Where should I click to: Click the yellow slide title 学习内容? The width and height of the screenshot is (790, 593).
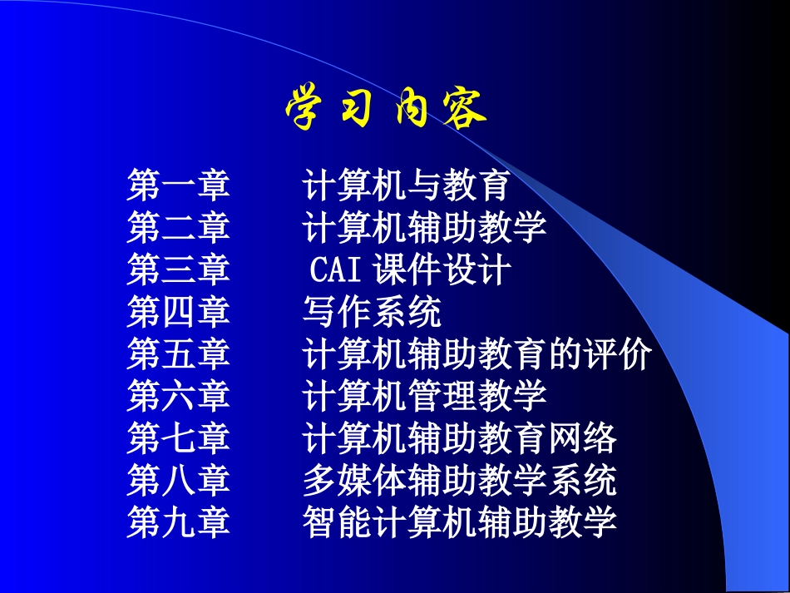tap(386, 108)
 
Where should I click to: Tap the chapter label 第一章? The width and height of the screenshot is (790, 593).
tap(178, 185)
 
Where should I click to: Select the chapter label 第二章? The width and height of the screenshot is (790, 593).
tap(178, 228)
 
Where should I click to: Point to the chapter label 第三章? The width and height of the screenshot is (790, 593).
tap(178, 270)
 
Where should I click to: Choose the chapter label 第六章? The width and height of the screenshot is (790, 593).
tap(178, 396)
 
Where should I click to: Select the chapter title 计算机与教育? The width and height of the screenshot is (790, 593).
tap(406, 185)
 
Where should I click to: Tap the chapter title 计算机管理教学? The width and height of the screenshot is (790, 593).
tap(424, 396)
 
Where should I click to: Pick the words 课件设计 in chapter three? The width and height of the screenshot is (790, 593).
tap(442, 270)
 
